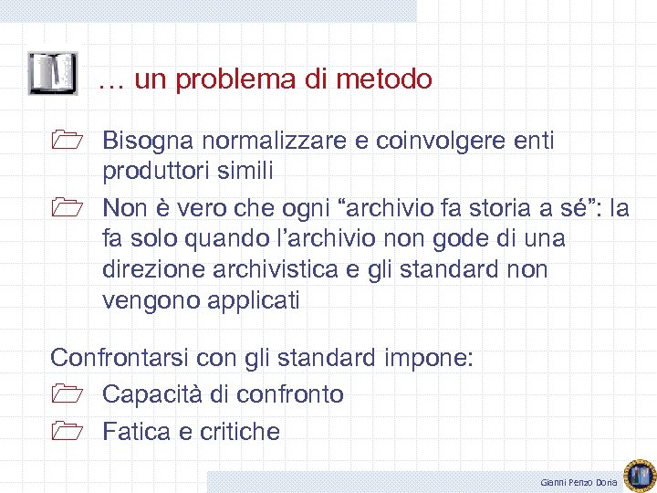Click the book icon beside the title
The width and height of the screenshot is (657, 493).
point(52,74)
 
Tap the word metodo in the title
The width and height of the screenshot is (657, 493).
point(383,79)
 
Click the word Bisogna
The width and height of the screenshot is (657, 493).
point(148,142)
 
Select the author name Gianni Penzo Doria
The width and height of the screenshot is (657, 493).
point(579,482)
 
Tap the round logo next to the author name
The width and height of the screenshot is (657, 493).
point(640,473)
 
